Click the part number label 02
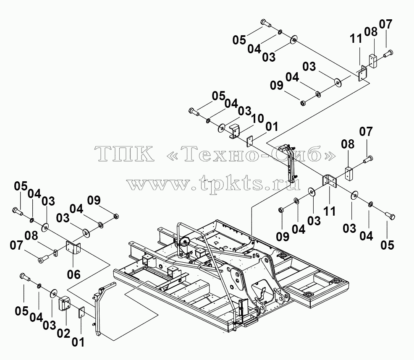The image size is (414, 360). point(64,334)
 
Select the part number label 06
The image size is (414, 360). point(73,274)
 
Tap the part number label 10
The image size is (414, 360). point(257,119)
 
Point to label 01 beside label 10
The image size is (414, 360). point(272,127)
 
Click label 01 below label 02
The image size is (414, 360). point(78,342)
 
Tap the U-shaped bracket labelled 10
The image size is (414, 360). point(234,131)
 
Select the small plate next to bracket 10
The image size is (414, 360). point(249,141)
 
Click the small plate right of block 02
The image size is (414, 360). point(81,313)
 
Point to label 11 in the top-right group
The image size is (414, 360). point(356,39)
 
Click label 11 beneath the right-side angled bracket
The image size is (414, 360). point(330,211)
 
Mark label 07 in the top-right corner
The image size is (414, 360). point(386,24)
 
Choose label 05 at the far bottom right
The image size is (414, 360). point(387,245)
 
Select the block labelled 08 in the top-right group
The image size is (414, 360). point(373,61)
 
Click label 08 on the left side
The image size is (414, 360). point(31,236)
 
